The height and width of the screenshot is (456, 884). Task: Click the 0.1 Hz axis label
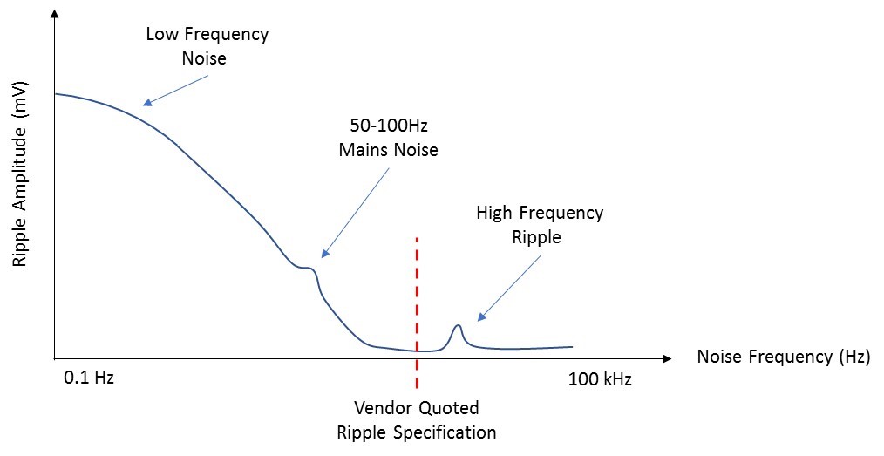[x=89, y=379]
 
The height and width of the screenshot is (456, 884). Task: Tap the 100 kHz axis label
[x=600, y=379]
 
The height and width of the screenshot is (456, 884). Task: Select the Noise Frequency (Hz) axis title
[x=783, y=357]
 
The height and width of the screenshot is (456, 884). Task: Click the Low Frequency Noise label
[x=207, y=46]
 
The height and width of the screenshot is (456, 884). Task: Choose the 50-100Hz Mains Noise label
[x=388, y=138]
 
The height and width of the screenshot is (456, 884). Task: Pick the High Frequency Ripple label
[x=539, y=224]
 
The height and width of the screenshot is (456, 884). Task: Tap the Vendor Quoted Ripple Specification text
[x=416, y=419]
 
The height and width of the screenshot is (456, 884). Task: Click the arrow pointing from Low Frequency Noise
[x=175, y=90]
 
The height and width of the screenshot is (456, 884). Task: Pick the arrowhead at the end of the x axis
[x=667, y=358]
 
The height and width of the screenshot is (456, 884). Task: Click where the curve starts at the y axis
[x=56, y=93]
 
